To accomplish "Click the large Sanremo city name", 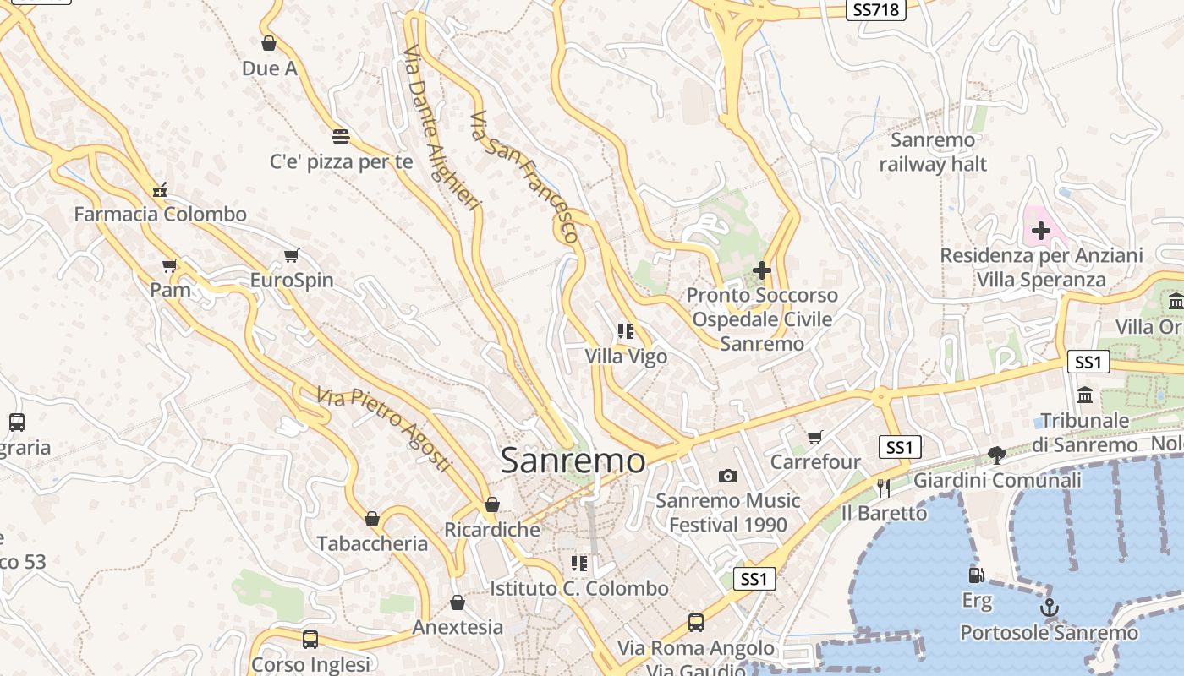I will click(573, 461).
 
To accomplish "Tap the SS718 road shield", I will click(876, 9).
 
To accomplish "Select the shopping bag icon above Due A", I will click(269, 43).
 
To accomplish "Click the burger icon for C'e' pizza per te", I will click(341, 136).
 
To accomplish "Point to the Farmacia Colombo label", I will click(160, 214).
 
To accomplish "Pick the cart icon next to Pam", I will click(171, 266).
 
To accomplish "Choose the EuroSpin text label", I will click(292, 280).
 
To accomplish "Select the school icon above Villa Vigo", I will click(626, 331).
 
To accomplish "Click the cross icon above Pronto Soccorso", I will click(762, 270).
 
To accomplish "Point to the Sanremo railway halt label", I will click(933, 152).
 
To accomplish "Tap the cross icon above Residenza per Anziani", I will click(1041, 230).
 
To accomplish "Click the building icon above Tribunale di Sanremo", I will click(1085, 395).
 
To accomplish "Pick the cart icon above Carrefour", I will click(815, 437).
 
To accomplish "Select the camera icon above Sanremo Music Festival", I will click(727, 477).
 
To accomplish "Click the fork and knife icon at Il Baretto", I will click(884, 488).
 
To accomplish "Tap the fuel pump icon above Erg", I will click(977, 575).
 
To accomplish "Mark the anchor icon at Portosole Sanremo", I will click(1049, 608).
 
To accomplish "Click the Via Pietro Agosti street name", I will click(385, 429).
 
